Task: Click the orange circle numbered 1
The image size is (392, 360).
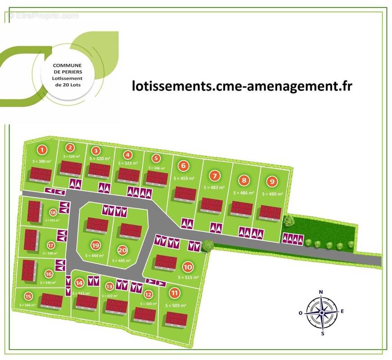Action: point(42,150)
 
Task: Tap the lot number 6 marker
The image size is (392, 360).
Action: point(183,166)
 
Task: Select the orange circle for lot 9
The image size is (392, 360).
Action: point(271,182)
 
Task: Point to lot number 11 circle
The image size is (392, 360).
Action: point(174,293)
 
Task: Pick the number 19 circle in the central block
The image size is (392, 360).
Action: point(95,245)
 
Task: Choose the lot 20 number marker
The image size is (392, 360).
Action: point(122,251)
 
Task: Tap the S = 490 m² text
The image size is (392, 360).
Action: point(272,194)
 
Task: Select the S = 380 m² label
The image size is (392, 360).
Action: point(42,161)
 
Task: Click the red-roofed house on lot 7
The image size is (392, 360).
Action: point(211,205)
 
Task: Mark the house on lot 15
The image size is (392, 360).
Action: point(51,301)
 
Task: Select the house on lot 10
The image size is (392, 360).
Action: point(166,261)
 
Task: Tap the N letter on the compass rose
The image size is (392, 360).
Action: point(321,292)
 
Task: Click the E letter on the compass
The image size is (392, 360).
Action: point(342,311)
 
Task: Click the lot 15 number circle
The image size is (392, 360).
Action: point(28,296)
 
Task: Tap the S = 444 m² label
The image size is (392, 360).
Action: point(95,255)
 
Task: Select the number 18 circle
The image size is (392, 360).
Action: point(53,212)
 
